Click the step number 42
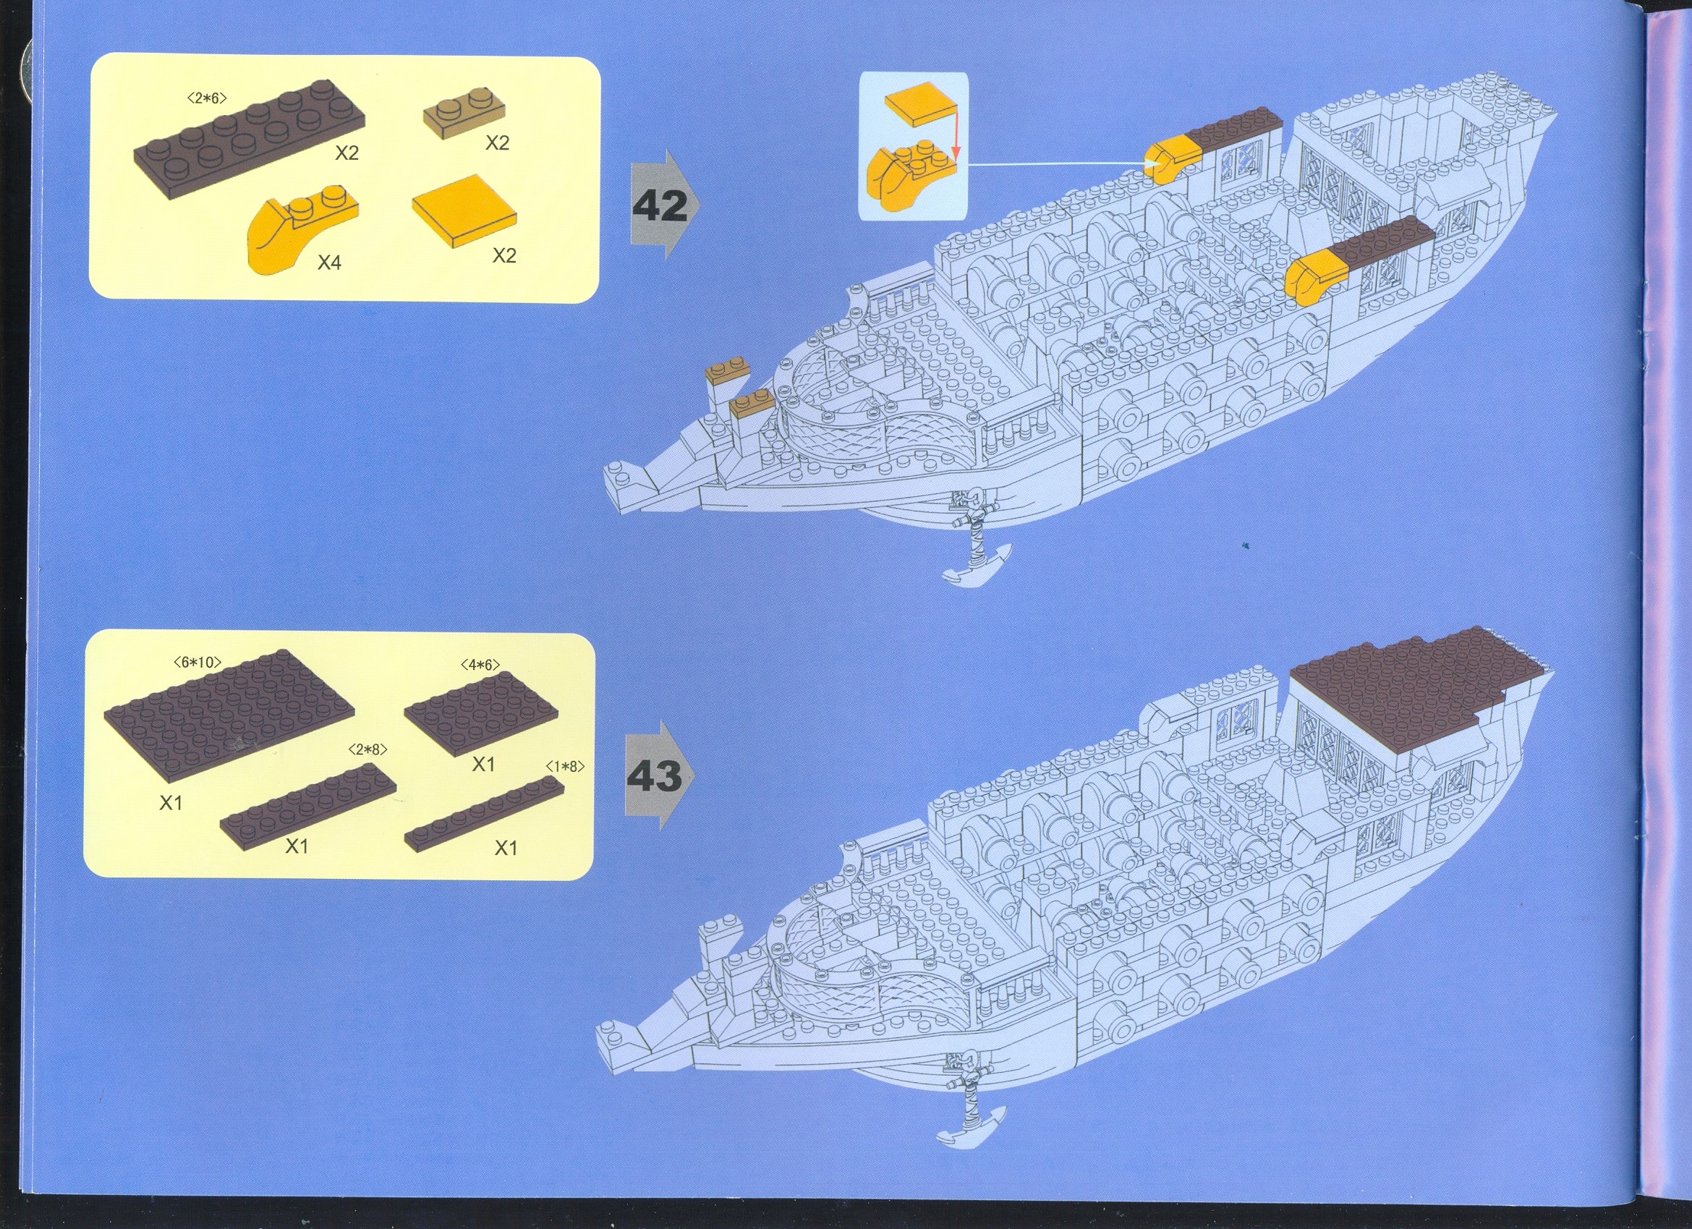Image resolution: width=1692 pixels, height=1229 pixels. pos(660,206)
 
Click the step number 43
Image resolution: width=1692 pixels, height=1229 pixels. pos(653,777)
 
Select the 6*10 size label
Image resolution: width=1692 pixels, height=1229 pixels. pos(197,661)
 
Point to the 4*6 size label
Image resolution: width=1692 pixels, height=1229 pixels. pos(480,663)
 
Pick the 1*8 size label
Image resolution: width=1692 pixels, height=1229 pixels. pos(565,765)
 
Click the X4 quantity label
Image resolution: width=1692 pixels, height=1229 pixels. pos(329,262)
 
